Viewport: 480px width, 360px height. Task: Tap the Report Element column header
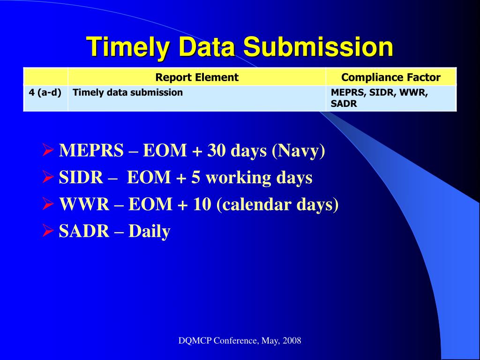coord(197,77)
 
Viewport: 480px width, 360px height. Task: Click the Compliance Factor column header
coord(391,77)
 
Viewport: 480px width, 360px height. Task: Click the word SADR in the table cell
coord(344,104)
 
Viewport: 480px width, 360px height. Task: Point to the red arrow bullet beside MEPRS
coord(48,150)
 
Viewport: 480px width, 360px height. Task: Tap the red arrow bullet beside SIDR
coord(48,177)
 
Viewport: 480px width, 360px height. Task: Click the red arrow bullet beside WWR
coord(48,204)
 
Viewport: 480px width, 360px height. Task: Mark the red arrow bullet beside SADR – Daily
coord(48,231)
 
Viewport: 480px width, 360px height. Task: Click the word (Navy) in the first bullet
coord(298,151)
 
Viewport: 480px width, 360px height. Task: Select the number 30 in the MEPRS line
coord(216,150)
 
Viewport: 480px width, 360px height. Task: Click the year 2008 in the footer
coord(292,340)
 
